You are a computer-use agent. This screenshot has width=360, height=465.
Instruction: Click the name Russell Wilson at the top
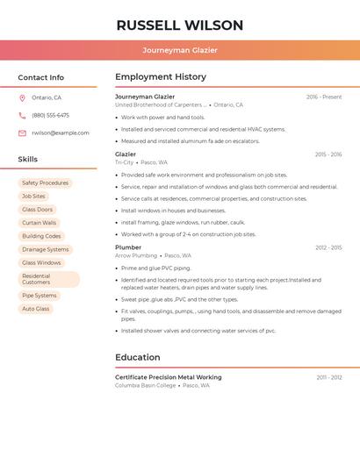180,25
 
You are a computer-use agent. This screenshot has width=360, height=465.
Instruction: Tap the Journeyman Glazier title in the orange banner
180,50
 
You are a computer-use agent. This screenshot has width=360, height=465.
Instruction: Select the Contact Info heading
41,77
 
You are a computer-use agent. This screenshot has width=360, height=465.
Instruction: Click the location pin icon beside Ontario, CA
22,97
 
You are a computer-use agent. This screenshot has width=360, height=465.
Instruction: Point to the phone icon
22,115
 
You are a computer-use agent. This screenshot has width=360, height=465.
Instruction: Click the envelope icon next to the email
22,133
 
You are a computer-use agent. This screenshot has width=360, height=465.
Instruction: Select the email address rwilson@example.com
61,133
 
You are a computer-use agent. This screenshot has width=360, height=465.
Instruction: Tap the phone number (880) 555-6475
50,115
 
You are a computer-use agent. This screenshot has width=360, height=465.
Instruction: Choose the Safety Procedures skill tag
45,183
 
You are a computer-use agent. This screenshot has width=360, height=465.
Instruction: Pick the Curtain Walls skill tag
39,223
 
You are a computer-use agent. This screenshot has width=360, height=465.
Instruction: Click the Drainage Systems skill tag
45,249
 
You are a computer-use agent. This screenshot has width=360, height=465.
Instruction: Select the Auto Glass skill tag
36,309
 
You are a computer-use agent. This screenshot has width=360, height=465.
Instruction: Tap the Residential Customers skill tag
48,279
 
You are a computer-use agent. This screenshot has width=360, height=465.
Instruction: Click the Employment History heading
161,77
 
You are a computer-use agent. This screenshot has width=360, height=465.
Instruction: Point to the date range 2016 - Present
324,97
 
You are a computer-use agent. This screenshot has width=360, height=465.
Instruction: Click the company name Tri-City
125,162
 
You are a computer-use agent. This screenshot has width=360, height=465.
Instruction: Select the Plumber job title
128,247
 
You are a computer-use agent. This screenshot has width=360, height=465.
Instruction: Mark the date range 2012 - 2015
328,247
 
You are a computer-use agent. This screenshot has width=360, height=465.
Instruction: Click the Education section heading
138,357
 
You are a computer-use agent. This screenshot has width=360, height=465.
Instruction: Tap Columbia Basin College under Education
146,385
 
